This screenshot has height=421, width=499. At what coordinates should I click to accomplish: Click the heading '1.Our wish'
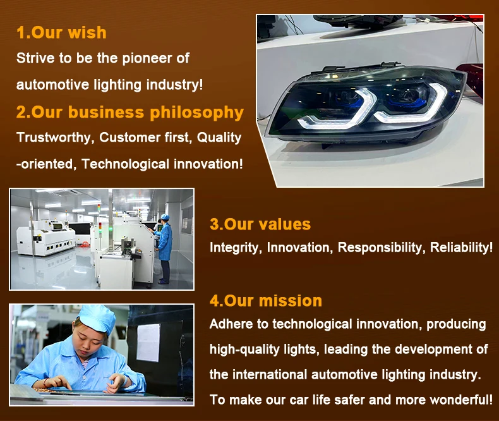point(61,32)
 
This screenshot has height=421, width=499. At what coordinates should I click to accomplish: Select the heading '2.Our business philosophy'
point(130,113)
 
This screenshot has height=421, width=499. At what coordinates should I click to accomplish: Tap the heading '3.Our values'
point(260,224)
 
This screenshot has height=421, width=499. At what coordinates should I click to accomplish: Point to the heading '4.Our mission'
point(266,301)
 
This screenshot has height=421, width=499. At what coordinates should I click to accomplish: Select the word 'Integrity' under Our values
point(236,248)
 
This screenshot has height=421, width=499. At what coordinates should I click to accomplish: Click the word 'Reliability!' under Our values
point(462,247)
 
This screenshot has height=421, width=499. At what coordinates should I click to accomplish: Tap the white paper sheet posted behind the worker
point(148,343)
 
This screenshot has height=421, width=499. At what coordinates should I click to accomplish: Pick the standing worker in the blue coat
point(164,248)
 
